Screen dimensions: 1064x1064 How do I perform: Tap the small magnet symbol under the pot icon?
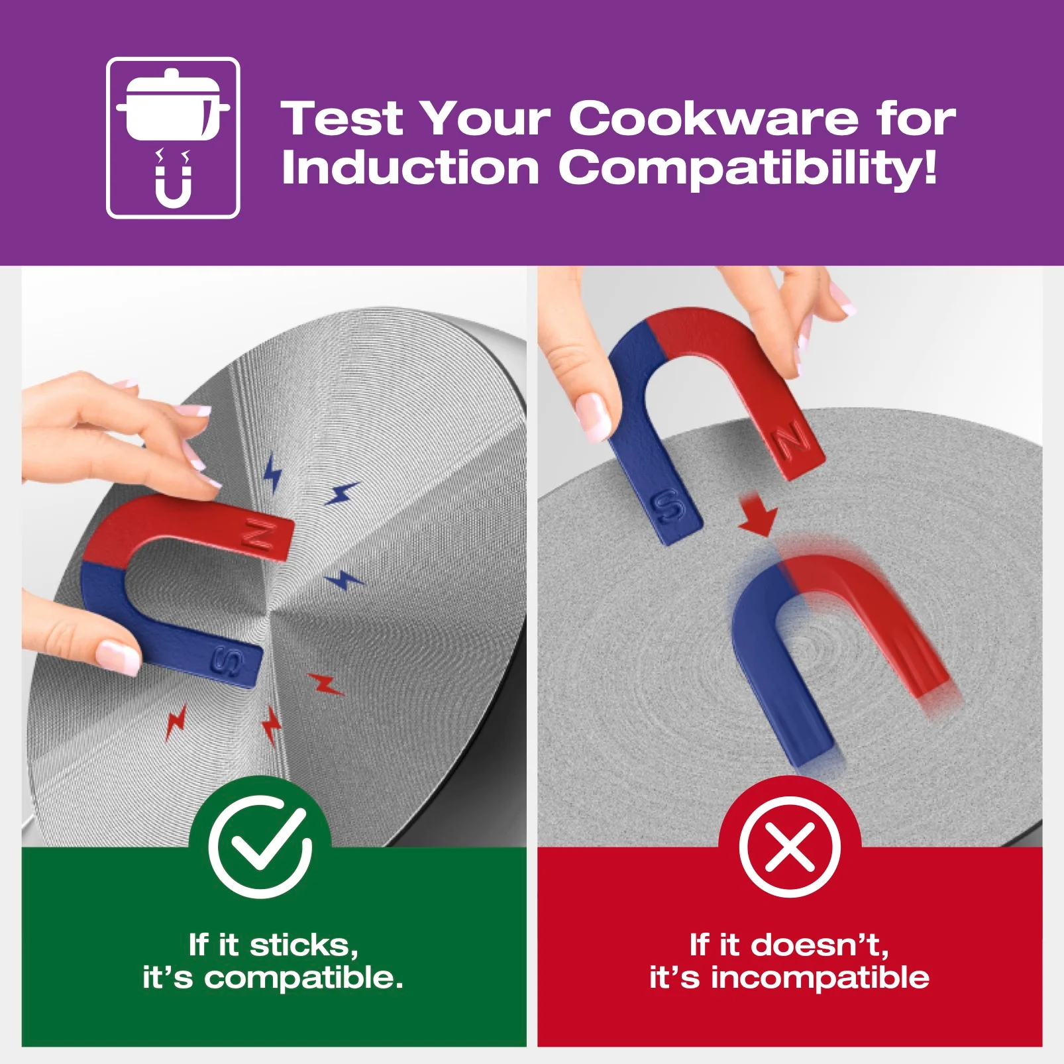173,186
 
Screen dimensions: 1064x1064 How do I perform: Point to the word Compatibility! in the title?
748,169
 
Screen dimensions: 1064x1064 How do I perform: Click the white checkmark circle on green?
260,846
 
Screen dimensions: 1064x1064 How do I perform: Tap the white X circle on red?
789,846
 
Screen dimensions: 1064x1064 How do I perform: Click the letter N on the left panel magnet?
261,535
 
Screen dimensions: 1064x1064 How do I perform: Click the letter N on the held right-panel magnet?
793,441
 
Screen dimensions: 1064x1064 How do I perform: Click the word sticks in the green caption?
304,945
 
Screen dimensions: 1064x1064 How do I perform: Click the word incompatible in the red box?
820,978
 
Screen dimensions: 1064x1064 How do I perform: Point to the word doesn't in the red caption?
820,945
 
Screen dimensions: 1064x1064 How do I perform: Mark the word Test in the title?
342,119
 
